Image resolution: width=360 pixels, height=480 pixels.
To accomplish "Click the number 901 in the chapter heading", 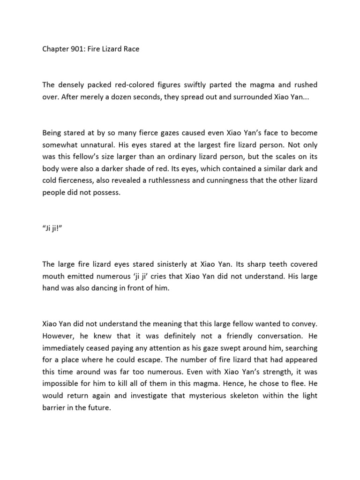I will [x=76, y=49].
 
